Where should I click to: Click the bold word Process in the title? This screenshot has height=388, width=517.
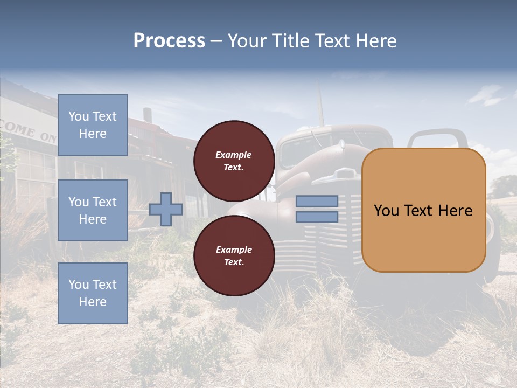[169, 41]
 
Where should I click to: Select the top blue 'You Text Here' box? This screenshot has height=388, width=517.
[93, 125]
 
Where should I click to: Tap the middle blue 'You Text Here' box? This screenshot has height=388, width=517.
[93, 210]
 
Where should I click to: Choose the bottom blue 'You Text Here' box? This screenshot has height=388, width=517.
[93, 293]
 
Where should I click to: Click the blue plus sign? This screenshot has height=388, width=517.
[166, 209]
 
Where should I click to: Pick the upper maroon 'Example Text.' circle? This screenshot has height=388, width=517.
[234, 161]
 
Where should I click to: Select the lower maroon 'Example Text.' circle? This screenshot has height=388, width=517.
[234, 255]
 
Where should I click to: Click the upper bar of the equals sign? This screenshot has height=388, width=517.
[317, 201]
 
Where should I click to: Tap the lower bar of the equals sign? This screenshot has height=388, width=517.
[317, 217]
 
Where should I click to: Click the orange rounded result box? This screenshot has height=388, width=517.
[423, 210]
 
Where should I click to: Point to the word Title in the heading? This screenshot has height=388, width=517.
[291, 41]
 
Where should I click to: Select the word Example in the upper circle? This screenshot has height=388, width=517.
[234, 155]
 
